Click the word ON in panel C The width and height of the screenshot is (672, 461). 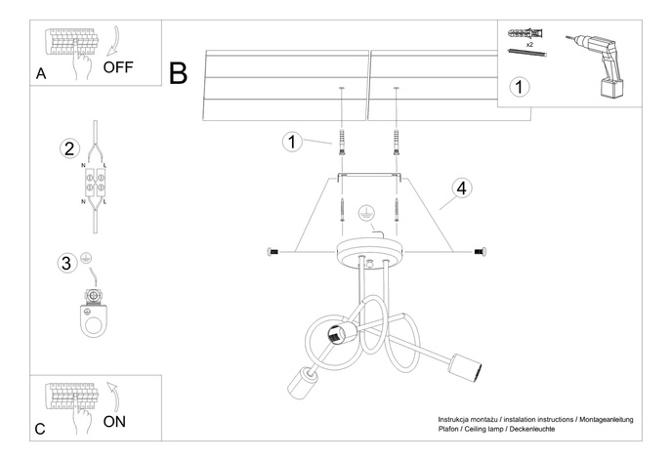tap(114, 422)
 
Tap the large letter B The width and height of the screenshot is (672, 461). tap(179, 72)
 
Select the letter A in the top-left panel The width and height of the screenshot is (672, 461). tap(40, 74)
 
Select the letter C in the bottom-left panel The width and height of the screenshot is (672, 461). tap(40, 428)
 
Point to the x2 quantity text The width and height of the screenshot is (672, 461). tap(528, 45)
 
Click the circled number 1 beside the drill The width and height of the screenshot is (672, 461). tap(521, 87)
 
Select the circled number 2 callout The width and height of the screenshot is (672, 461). tap(68, 149)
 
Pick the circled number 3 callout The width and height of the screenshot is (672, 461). tap(66, 263)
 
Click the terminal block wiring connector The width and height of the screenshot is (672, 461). tap(96, 183)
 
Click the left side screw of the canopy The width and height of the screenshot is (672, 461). tap(273, 252)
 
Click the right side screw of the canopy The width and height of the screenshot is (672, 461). tap(480, 252)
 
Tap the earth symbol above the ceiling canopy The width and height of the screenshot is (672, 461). tap(367, 214)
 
